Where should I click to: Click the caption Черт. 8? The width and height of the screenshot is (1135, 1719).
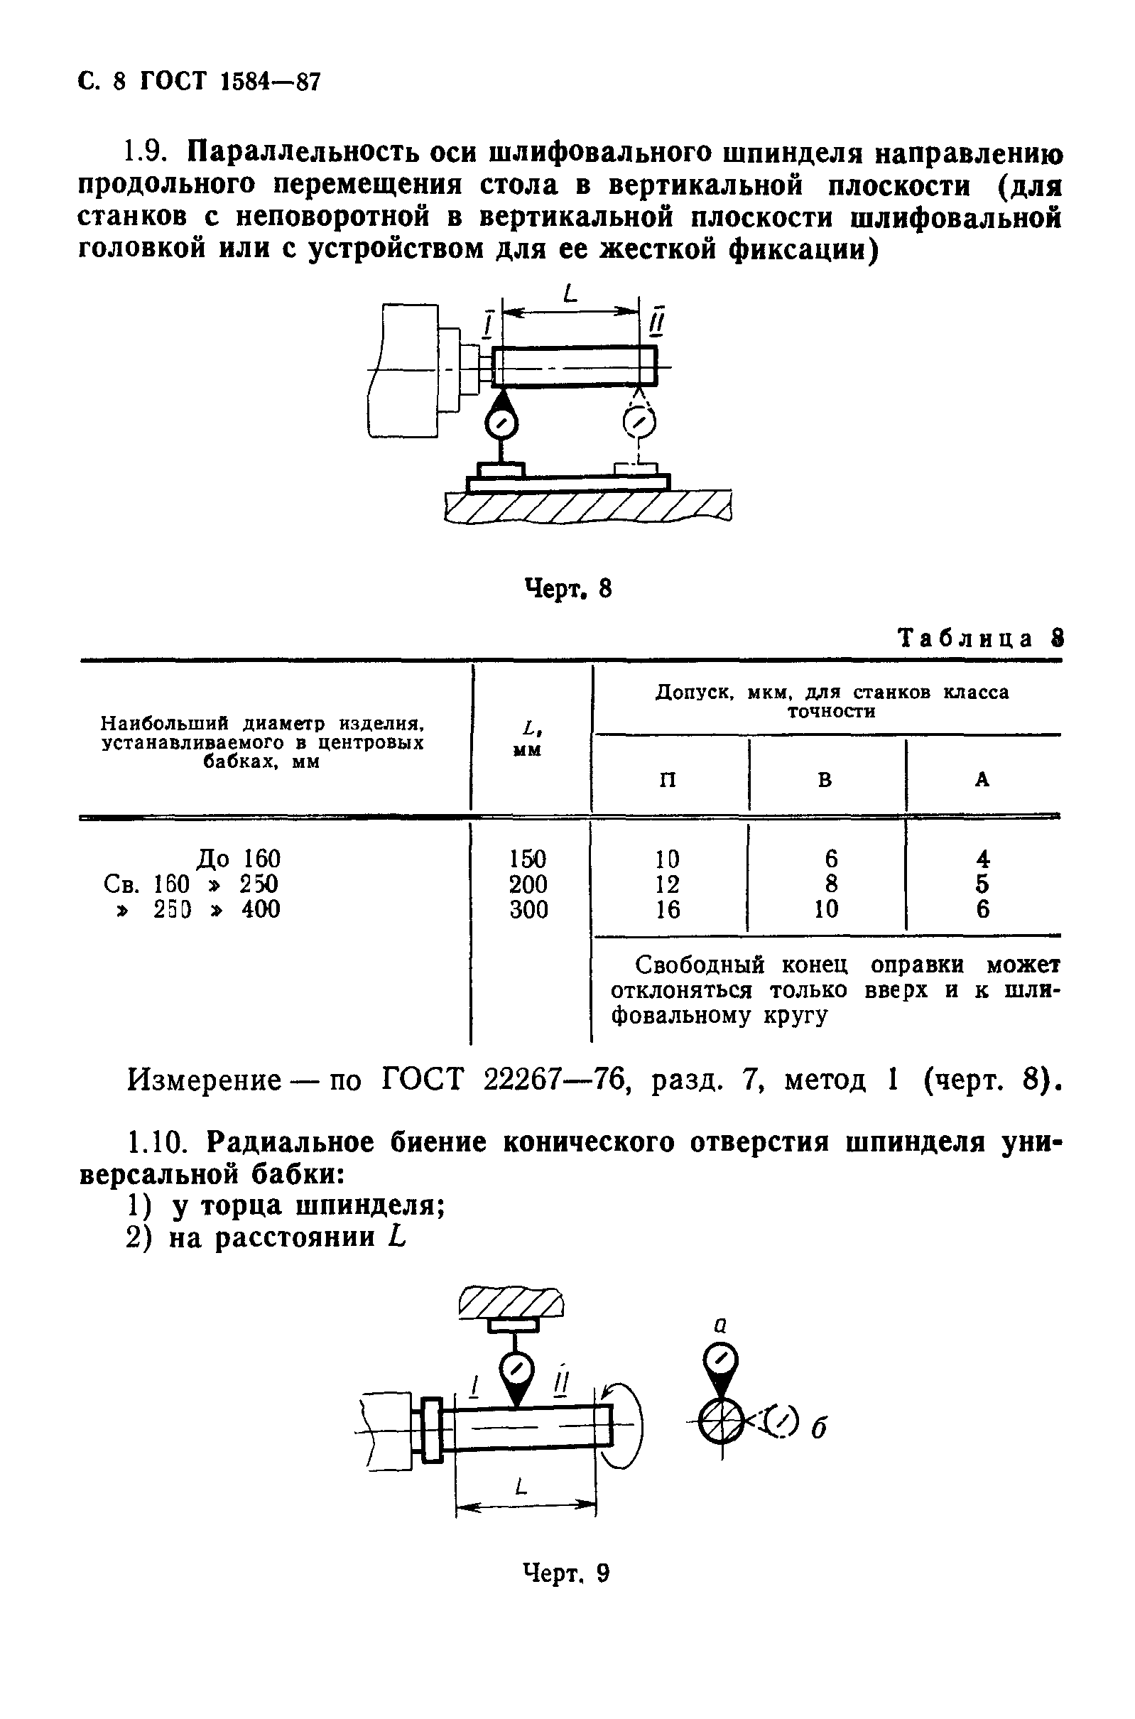567,588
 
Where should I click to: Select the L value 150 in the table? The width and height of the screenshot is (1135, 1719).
528,859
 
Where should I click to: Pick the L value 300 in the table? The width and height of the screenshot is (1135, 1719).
528,909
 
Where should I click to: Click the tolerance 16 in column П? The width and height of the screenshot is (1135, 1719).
668,909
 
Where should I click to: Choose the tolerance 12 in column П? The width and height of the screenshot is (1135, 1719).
668,884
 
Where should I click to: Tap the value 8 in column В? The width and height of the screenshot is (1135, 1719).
831,884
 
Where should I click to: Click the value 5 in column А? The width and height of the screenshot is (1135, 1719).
982,884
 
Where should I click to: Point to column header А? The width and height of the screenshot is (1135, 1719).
982,779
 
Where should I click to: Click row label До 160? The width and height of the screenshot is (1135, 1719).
238,859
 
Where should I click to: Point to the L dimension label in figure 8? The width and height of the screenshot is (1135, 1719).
571,294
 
